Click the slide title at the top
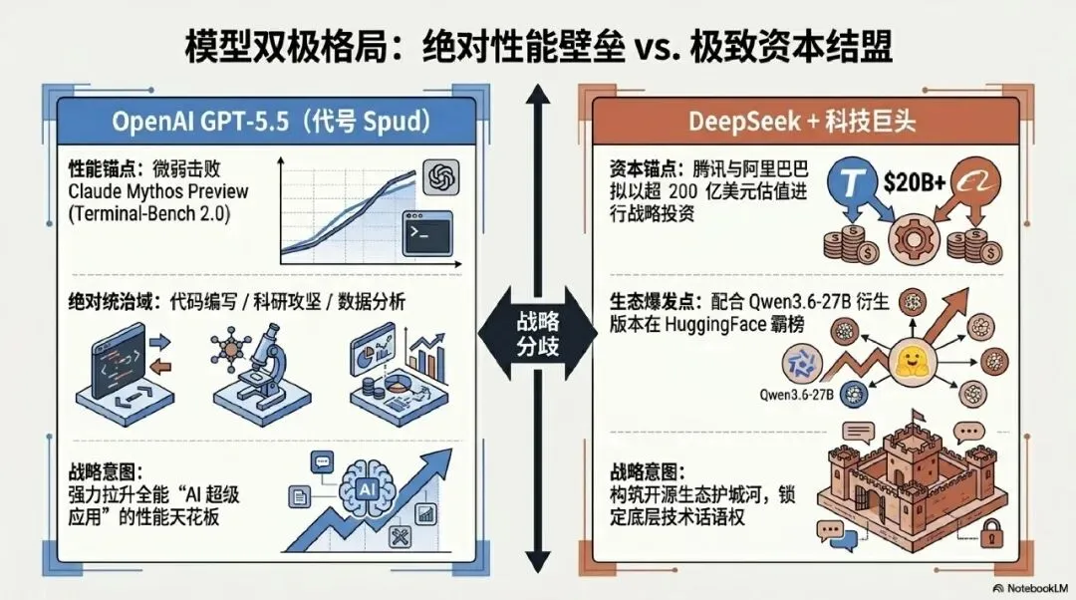pyautogui.click(x=538, y=48)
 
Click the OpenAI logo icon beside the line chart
pyautogui.click(x=438, y=179)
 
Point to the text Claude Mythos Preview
pyautogui.click(x=158, y=190)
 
